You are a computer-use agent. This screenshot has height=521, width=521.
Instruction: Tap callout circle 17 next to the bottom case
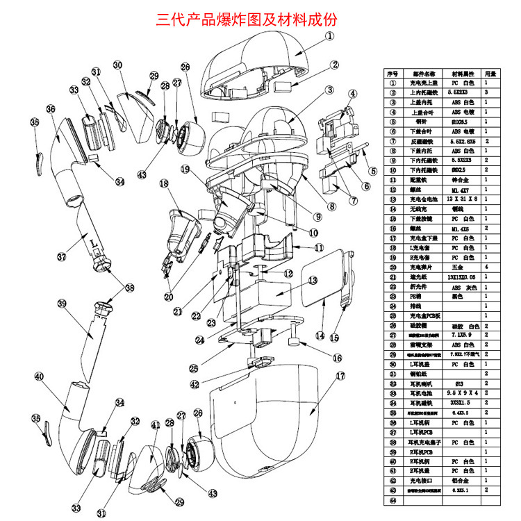(340, 376)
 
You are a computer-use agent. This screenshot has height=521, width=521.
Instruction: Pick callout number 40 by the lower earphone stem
(38, 377)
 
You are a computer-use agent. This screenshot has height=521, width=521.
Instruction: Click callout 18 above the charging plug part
(165, 183)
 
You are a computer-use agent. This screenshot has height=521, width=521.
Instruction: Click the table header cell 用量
(490, 73)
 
